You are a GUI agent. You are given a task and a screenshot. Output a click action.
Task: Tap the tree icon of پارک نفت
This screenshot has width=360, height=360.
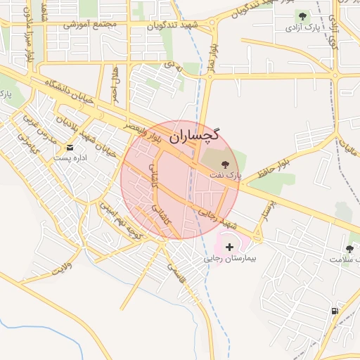pos(225,162)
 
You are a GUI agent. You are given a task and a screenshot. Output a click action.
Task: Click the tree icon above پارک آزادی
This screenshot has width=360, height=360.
pos(303,15)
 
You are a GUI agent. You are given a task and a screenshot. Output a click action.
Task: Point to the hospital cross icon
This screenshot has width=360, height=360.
pos(231,247)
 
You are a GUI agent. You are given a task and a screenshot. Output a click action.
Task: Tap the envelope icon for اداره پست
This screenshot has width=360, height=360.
pos(70,148)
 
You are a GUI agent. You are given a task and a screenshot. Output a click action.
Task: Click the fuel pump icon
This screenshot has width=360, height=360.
pos(334,311)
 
